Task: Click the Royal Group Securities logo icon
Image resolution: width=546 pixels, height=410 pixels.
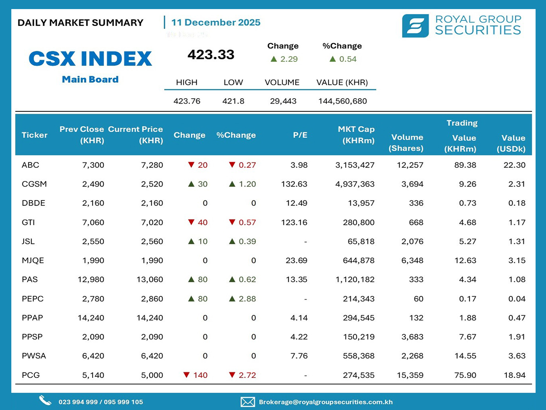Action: coord(415,26)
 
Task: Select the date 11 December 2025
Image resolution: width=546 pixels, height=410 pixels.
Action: coord(216,23)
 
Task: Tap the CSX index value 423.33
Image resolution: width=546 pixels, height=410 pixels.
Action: coord(211,55)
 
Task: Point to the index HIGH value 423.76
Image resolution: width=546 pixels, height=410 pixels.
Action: coord(187,101)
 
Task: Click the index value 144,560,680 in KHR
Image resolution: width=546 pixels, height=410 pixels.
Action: coord(343,101)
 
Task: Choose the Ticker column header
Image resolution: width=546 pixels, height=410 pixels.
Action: coord(34,135)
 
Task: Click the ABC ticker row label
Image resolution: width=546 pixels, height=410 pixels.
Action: coord(30,165)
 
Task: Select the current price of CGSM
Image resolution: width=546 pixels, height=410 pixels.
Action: coord(152,184)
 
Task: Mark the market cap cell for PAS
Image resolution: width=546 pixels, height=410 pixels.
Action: coord(355,280)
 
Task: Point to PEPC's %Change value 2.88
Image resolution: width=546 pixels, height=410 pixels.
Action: coord(247,299)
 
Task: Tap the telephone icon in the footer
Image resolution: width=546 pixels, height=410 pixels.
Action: coord(45,400)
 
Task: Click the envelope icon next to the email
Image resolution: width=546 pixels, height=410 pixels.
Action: coord(248,401)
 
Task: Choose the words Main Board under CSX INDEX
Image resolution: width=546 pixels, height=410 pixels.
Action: coord(90,80)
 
